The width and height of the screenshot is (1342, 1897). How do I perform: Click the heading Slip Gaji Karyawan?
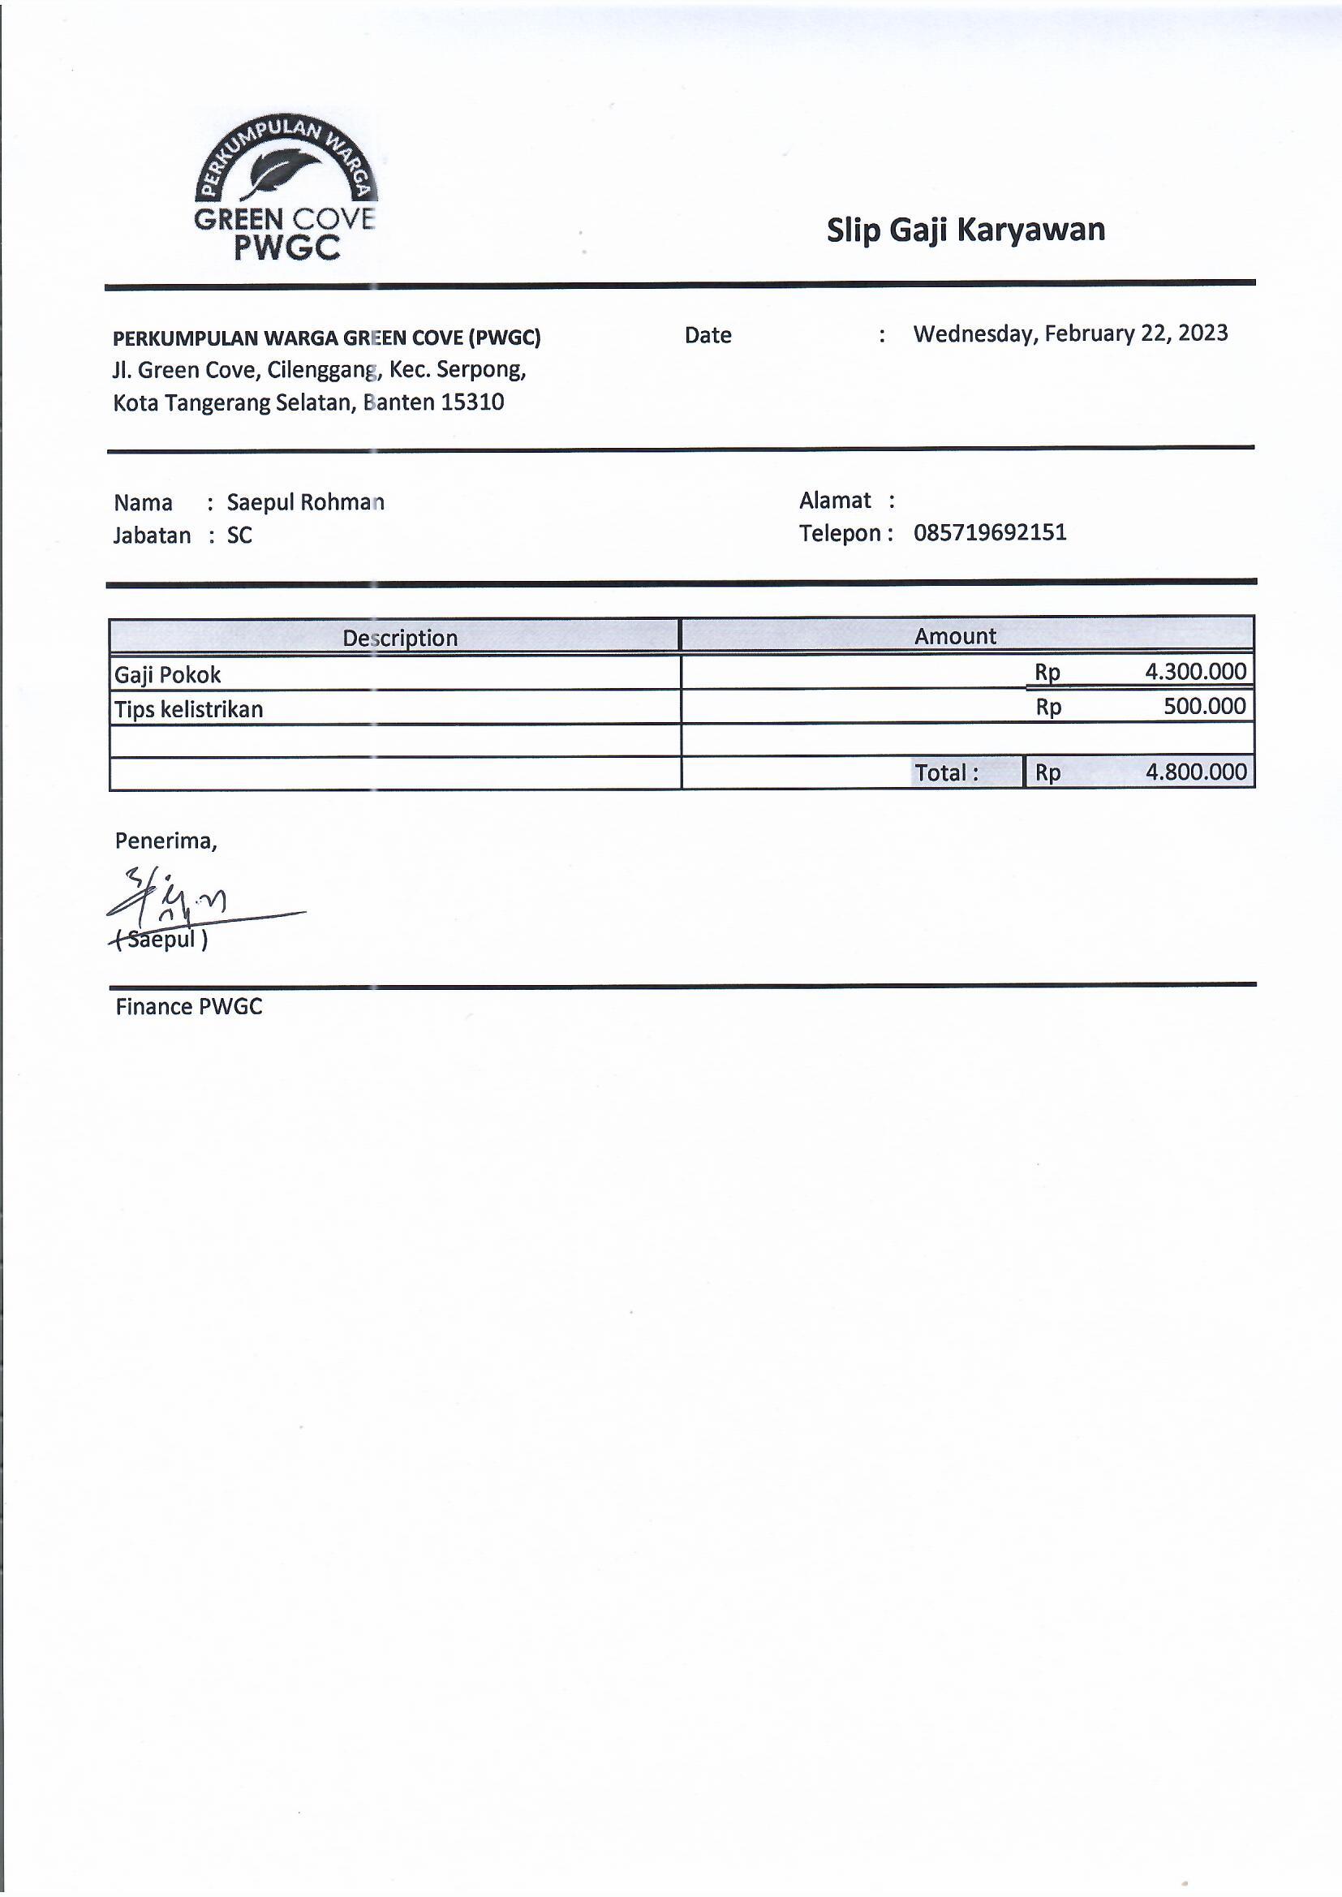966,230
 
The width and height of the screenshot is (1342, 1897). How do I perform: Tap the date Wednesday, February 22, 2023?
1070,333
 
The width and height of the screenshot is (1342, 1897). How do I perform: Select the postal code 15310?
472,402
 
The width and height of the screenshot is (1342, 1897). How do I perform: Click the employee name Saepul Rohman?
305,502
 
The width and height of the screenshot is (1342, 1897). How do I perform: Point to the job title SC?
239,536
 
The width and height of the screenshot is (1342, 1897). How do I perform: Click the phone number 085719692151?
989,532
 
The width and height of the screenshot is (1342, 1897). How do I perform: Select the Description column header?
400,637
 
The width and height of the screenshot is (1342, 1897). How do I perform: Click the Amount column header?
954,635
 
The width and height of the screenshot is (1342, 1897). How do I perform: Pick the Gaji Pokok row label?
168,675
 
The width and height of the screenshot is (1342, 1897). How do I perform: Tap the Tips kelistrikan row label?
188,709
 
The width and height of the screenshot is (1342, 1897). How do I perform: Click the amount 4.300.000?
1195,671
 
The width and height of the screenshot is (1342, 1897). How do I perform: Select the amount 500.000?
1204,706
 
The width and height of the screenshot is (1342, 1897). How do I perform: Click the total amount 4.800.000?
1196,772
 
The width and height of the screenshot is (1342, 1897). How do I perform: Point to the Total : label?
946,772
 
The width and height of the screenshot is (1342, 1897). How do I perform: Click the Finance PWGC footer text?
188,1006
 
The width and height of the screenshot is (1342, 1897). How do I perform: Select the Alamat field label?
835,500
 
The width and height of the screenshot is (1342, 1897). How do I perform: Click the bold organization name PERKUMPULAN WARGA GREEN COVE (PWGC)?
326,337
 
